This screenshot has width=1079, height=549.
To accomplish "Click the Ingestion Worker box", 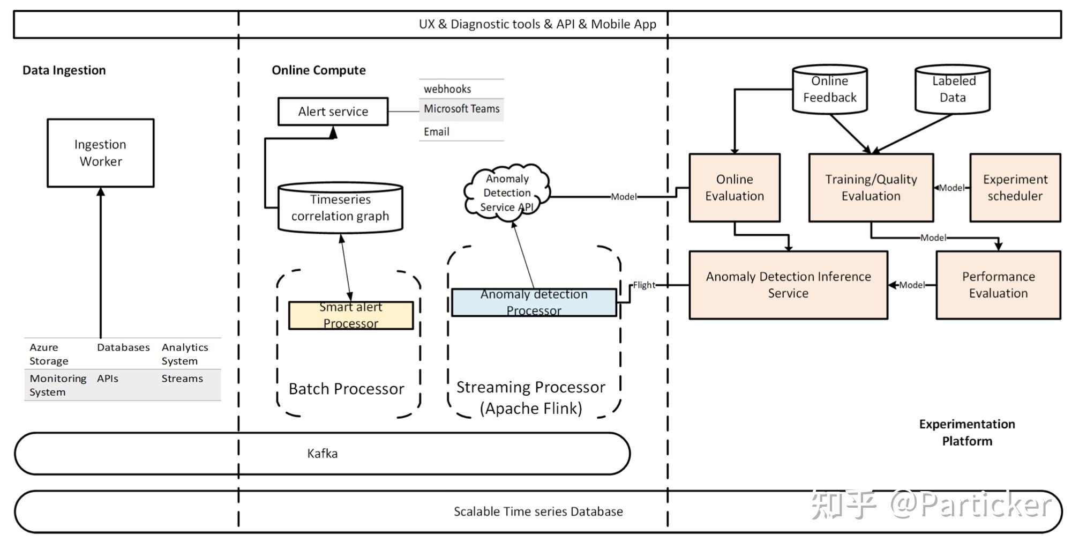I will [x=101, y=153].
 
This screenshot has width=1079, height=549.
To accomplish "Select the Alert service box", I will [x=333, y=112].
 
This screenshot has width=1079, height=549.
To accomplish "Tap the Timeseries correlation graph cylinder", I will [x=340, y=208].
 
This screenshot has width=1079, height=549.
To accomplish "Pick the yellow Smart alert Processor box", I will [x=351, y=315].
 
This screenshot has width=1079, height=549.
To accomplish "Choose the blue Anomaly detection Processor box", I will [x=534, y=302].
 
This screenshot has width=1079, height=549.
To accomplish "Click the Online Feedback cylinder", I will [x=829, y=90].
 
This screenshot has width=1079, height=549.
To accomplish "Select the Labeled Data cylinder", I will [x=953, y=90].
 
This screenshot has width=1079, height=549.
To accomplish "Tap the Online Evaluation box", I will [x=735, y=188].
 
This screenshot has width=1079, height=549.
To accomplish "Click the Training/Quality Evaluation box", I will [x=871, y=188].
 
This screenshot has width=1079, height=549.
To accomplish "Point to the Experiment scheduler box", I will [x=1015, y=188].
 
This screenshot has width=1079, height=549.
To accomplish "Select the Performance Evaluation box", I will [x=998, y=285].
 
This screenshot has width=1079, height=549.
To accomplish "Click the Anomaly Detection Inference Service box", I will [x=788, y=285].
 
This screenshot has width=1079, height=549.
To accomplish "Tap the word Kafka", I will [x=322, y=454].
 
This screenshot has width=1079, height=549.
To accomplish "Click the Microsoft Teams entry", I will [x=461, y=109].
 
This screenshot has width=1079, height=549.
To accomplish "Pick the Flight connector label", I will [x=644, y=285].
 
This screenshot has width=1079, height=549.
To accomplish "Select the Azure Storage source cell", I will [x=49, y=354].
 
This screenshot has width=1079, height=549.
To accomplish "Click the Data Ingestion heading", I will [x=64, y=70].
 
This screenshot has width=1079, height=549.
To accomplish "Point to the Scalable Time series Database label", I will [x=538, y=511].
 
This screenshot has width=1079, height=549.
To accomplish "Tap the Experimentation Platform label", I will [x=967, y=433].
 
